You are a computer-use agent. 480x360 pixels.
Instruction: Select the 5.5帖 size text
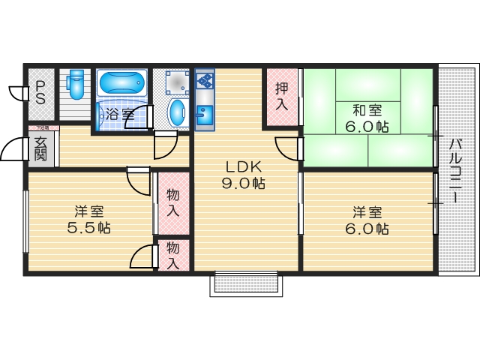pos(88,227)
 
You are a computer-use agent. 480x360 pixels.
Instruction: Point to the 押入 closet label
pos(281,96)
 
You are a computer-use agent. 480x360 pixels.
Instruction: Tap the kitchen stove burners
pos(205,79)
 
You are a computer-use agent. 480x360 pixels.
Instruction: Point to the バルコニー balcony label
pos(455,172)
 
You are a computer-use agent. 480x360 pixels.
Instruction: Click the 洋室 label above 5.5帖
pos(88,211)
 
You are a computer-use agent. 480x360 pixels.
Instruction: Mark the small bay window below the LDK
pos(247,283)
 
